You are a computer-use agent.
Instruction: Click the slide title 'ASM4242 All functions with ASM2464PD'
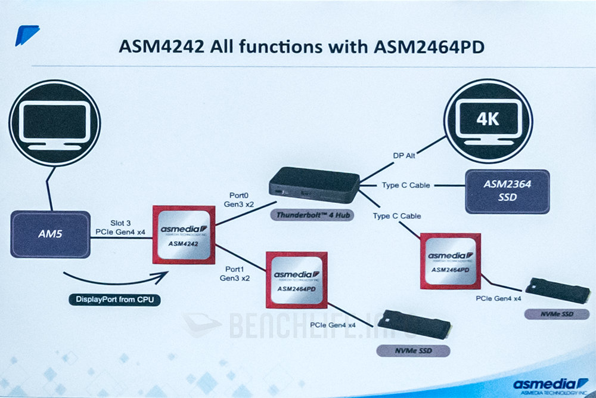click(297, 46)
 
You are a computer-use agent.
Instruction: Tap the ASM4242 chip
click(184, 235)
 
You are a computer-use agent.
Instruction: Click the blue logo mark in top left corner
click(26, 35)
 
